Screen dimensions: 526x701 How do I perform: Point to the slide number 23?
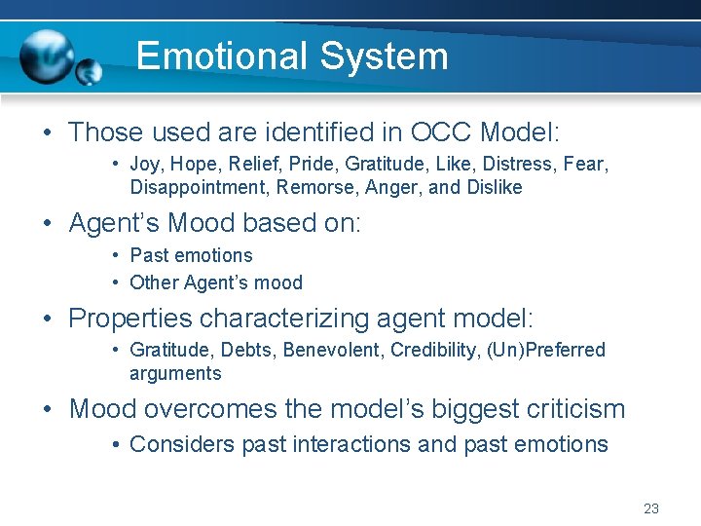point(651,508)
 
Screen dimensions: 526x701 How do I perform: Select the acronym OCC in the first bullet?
point(443,131)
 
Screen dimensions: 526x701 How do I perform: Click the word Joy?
point(147,164)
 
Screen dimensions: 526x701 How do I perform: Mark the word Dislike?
point(492,187)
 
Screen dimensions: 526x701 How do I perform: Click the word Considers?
point(173,445)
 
